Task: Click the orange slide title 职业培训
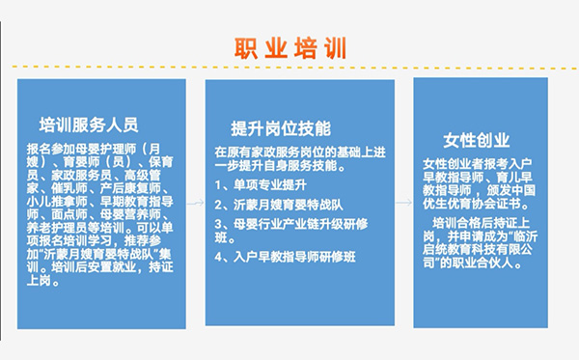pos(290,47)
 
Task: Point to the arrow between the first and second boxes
pos(196,204)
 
